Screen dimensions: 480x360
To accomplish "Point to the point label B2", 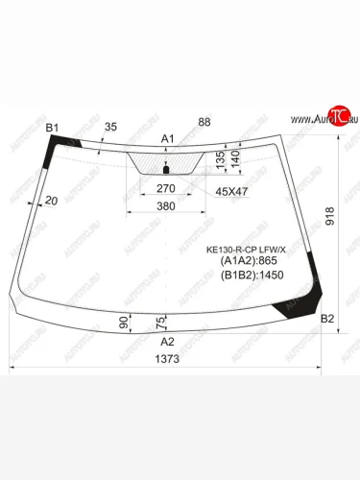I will (326, 319).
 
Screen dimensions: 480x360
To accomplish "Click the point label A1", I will (168, 139).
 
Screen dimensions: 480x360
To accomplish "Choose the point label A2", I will (167, 341).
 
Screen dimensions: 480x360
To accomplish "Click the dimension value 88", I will (204, 121).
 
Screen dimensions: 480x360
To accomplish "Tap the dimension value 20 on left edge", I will (50, 200).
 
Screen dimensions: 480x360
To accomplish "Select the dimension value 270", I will (165, 189).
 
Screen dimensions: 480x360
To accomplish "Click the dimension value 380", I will (165, 207).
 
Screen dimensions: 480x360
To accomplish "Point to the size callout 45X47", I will (229, 190).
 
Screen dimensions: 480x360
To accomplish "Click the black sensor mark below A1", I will (165, 170).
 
